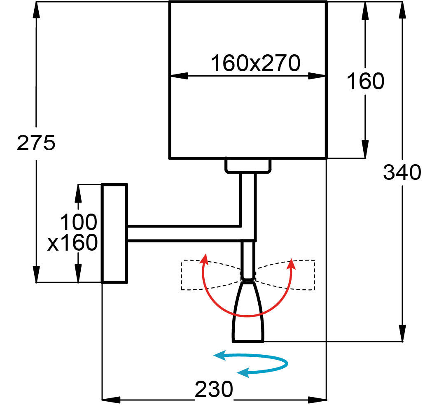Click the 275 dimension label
(x=36, y=143)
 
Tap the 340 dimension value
(x=402, y=172)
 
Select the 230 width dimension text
(x=214, y=389)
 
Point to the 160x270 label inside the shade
(x=255, y=63)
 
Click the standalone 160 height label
(x=365, y=81)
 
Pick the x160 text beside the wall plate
(x=72, y=242)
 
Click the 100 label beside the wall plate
(x=79, y=222)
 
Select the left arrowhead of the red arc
(x=205, y=258)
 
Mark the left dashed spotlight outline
(x=210, y=274)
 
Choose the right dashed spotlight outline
(x=285, y=274)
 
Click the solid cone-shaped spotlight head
(x=248, y=312)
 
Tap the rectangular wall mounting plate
(x=114, y=233)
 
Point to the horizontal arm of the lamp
(x=185, y=233)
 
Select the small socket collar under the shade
(x=248, y=166)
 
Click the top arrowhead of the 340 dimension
(x=402, y=10)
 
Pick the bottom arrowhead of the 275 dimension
(x=36, y=274)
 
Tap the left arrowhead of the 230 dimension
(x=111, y=400)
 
